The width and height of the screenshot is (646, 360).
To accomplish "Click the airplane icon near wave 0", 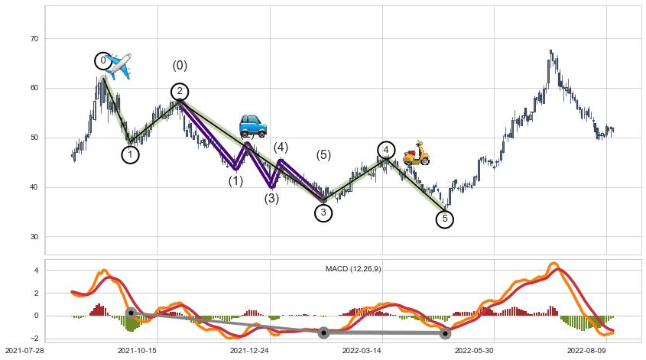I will point(118,66).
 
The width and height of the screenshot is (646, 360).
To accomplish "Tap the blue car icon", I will point(252,125).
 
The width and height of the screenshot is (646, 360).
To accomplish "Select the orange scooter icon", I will point(417,153).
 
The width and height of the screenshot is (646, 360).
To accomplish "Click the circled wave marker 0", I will point(103,60).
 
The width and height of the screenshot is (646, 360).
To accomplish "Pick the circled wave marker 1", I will point(131,154).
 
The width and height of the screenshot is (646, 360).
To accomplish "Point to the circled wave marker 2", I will point(180,92).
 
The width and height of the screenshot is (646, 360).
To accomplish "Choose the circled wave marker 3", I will point(323,212).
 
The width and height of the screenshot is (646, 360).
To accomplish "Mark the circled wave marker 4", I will point(386,150).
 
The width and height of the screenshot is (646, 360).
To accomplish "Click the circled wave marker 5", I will point(445,219).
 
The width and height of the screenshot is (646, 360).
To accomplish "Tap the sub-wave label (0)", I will point(180,66).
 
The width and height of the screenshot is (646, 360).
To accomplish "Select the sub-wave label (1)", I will point(235,181).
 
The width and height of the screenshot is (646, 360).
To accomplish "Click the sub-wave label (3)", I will point(271,199).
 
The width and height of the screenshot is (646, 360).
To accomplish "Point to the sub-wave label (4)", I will point(281,148).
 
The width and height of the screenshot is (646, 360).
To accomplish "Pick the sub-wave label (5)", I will point(323,155).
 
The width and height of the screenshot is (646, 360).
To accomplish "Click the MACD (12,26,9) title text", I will point(353,269).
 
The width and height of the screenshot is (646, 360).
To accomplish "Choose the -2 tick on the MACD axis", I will point(34,338).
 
